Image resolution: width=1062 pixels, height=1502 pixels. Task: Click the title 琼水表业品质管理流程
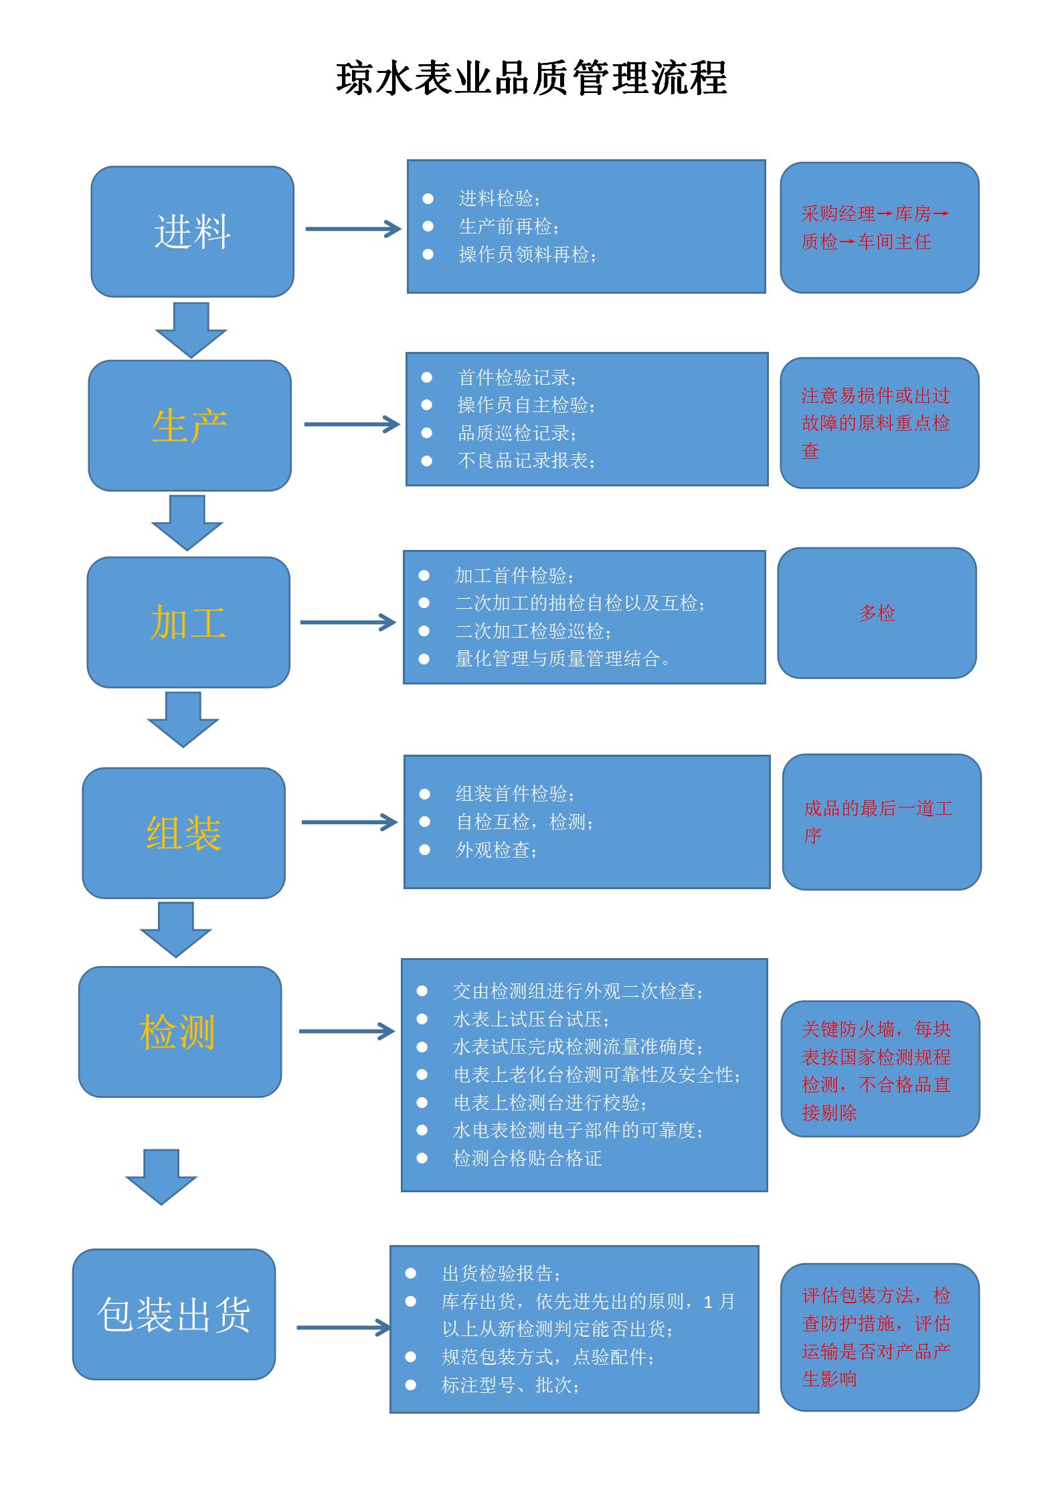531,80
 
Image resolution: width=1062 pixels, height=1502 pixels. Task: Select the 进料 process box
193,231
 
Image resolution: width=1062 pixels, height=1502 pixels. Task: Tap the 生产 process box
190,426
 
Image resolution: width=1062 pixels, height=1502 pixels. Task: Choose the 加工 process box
189,622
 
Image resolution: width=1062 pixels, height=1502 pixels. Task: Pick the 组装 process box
184,833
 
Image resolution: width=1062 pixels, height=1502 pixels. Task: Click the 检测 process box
180,1032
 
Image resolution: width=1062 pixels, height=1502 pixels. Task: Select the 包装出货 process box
174,1314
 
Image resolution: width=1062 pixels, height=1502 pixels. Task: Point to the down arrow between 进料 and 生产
191,330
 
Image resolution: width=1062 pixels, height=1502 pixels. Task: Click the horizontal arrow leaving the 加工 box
348,622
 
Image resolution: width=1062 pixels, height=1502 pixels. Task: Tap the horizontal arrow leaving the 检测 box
347,1031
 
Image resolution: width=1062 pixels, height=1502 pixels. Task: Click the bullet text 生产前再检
509,227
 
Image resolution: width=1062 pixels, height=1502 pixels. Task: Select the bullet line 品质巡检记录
517,433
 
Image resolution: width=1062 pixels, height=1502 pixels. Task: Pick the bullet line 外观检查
496,850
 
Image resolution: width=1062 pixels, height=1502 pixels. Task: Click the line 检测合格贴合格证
527,1158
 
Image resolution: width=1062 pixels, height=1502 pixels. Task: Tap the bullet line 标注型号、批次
510,1385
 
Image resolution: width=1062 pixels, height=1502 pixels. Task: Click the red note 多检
877,613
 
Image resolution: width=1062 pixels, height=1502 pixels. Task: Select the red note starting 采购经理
875,227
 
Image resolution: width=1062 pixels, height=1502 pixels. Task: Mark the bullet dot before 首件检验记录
427,377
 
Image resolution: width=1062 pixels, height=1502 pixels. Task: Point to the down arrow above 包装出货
161,1178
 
